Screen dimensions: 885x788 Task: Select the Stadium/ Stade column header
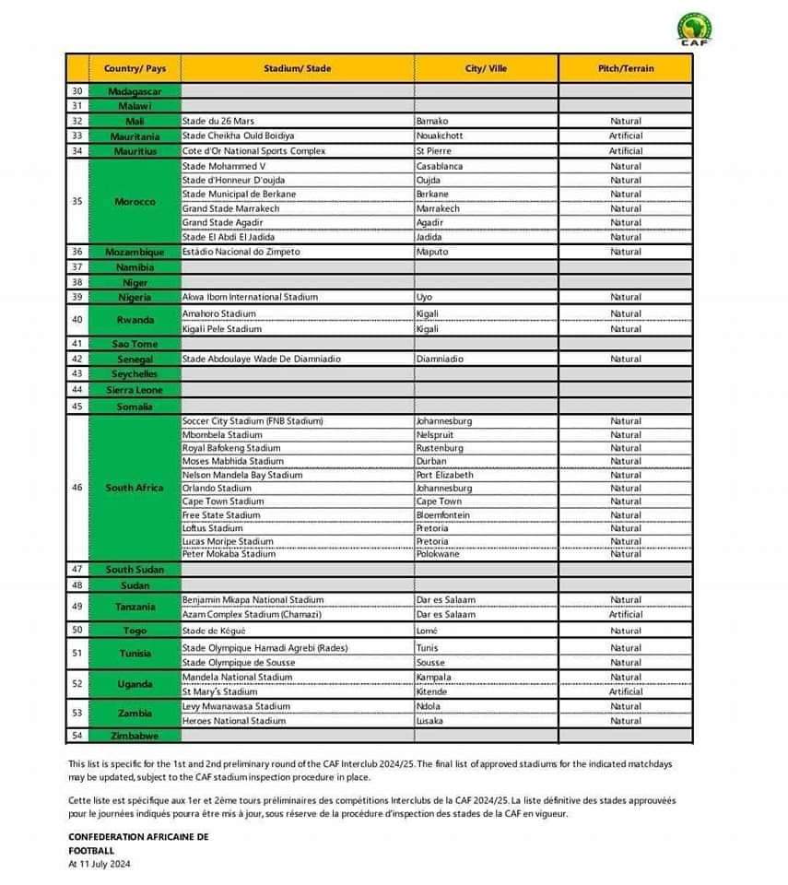(297, 68)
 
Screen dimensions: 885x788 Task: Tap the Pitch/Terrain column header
(626, 68)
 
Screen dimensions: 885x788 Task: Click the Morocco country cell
(135, 201)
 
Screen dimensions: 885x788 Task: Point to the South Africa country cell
(135, 487)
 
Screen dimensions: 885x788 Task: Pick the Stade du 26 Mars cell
(218, 121)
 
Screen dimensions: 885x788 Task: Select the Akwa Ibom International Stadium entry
(250, 297)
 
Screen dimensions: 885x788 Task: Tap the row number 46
(77, 487)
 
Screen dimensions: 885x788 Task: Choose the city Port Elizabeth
(444, 475)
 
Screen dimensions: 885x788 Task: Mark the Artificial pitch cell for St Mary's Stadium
(626, 691)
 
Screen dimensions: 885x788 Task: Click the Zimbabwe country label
(135, 736)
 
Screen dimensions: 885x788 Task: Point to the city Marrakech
(440, 208)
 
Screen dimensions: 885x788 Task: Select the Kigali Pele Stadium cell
(222, 328)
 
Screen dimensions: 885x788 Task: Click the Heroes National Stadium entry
(234, 721)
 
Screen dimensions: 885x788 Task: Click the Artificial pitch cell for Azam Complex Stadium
(626, 614)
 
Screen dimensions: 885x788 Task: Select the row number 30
(77, 91)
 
